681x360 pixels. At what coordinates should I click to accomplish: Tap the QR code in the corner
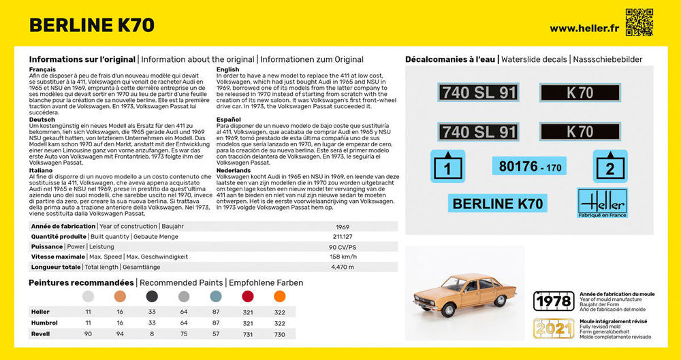pyautogui.click(x=638, y=22)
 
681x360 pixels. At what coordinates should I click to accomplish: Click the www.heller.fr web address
pyautogui.click(x=583, y=28)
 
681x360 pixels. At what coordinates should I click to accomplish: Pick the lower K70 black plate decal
pyautogui.click(x=580, y=131)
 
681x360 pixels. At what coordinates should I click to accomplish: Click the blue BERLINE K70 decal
pyautogui.click(x=497, y=203)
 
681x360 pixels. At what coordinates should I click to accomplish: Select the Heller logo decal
pyautogui.click(x=603, y=202)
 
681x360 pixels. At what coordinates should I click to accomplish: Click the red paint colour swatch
pyautogui.click(x=248, y=297)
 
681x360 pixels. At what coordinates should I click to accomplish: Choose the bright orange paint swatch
pyautogui.click(x=279, y=297)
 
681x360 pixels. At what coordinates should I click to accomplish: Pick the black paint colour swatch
pyautogui.click(x=152, y=297)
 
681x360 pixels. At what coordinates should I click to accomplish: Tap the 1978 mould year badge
pyautogui.click(x=552, y=300)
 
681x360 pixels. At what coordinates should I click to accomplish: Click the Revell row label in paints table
pyautogui.click(x=40, y=334)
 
